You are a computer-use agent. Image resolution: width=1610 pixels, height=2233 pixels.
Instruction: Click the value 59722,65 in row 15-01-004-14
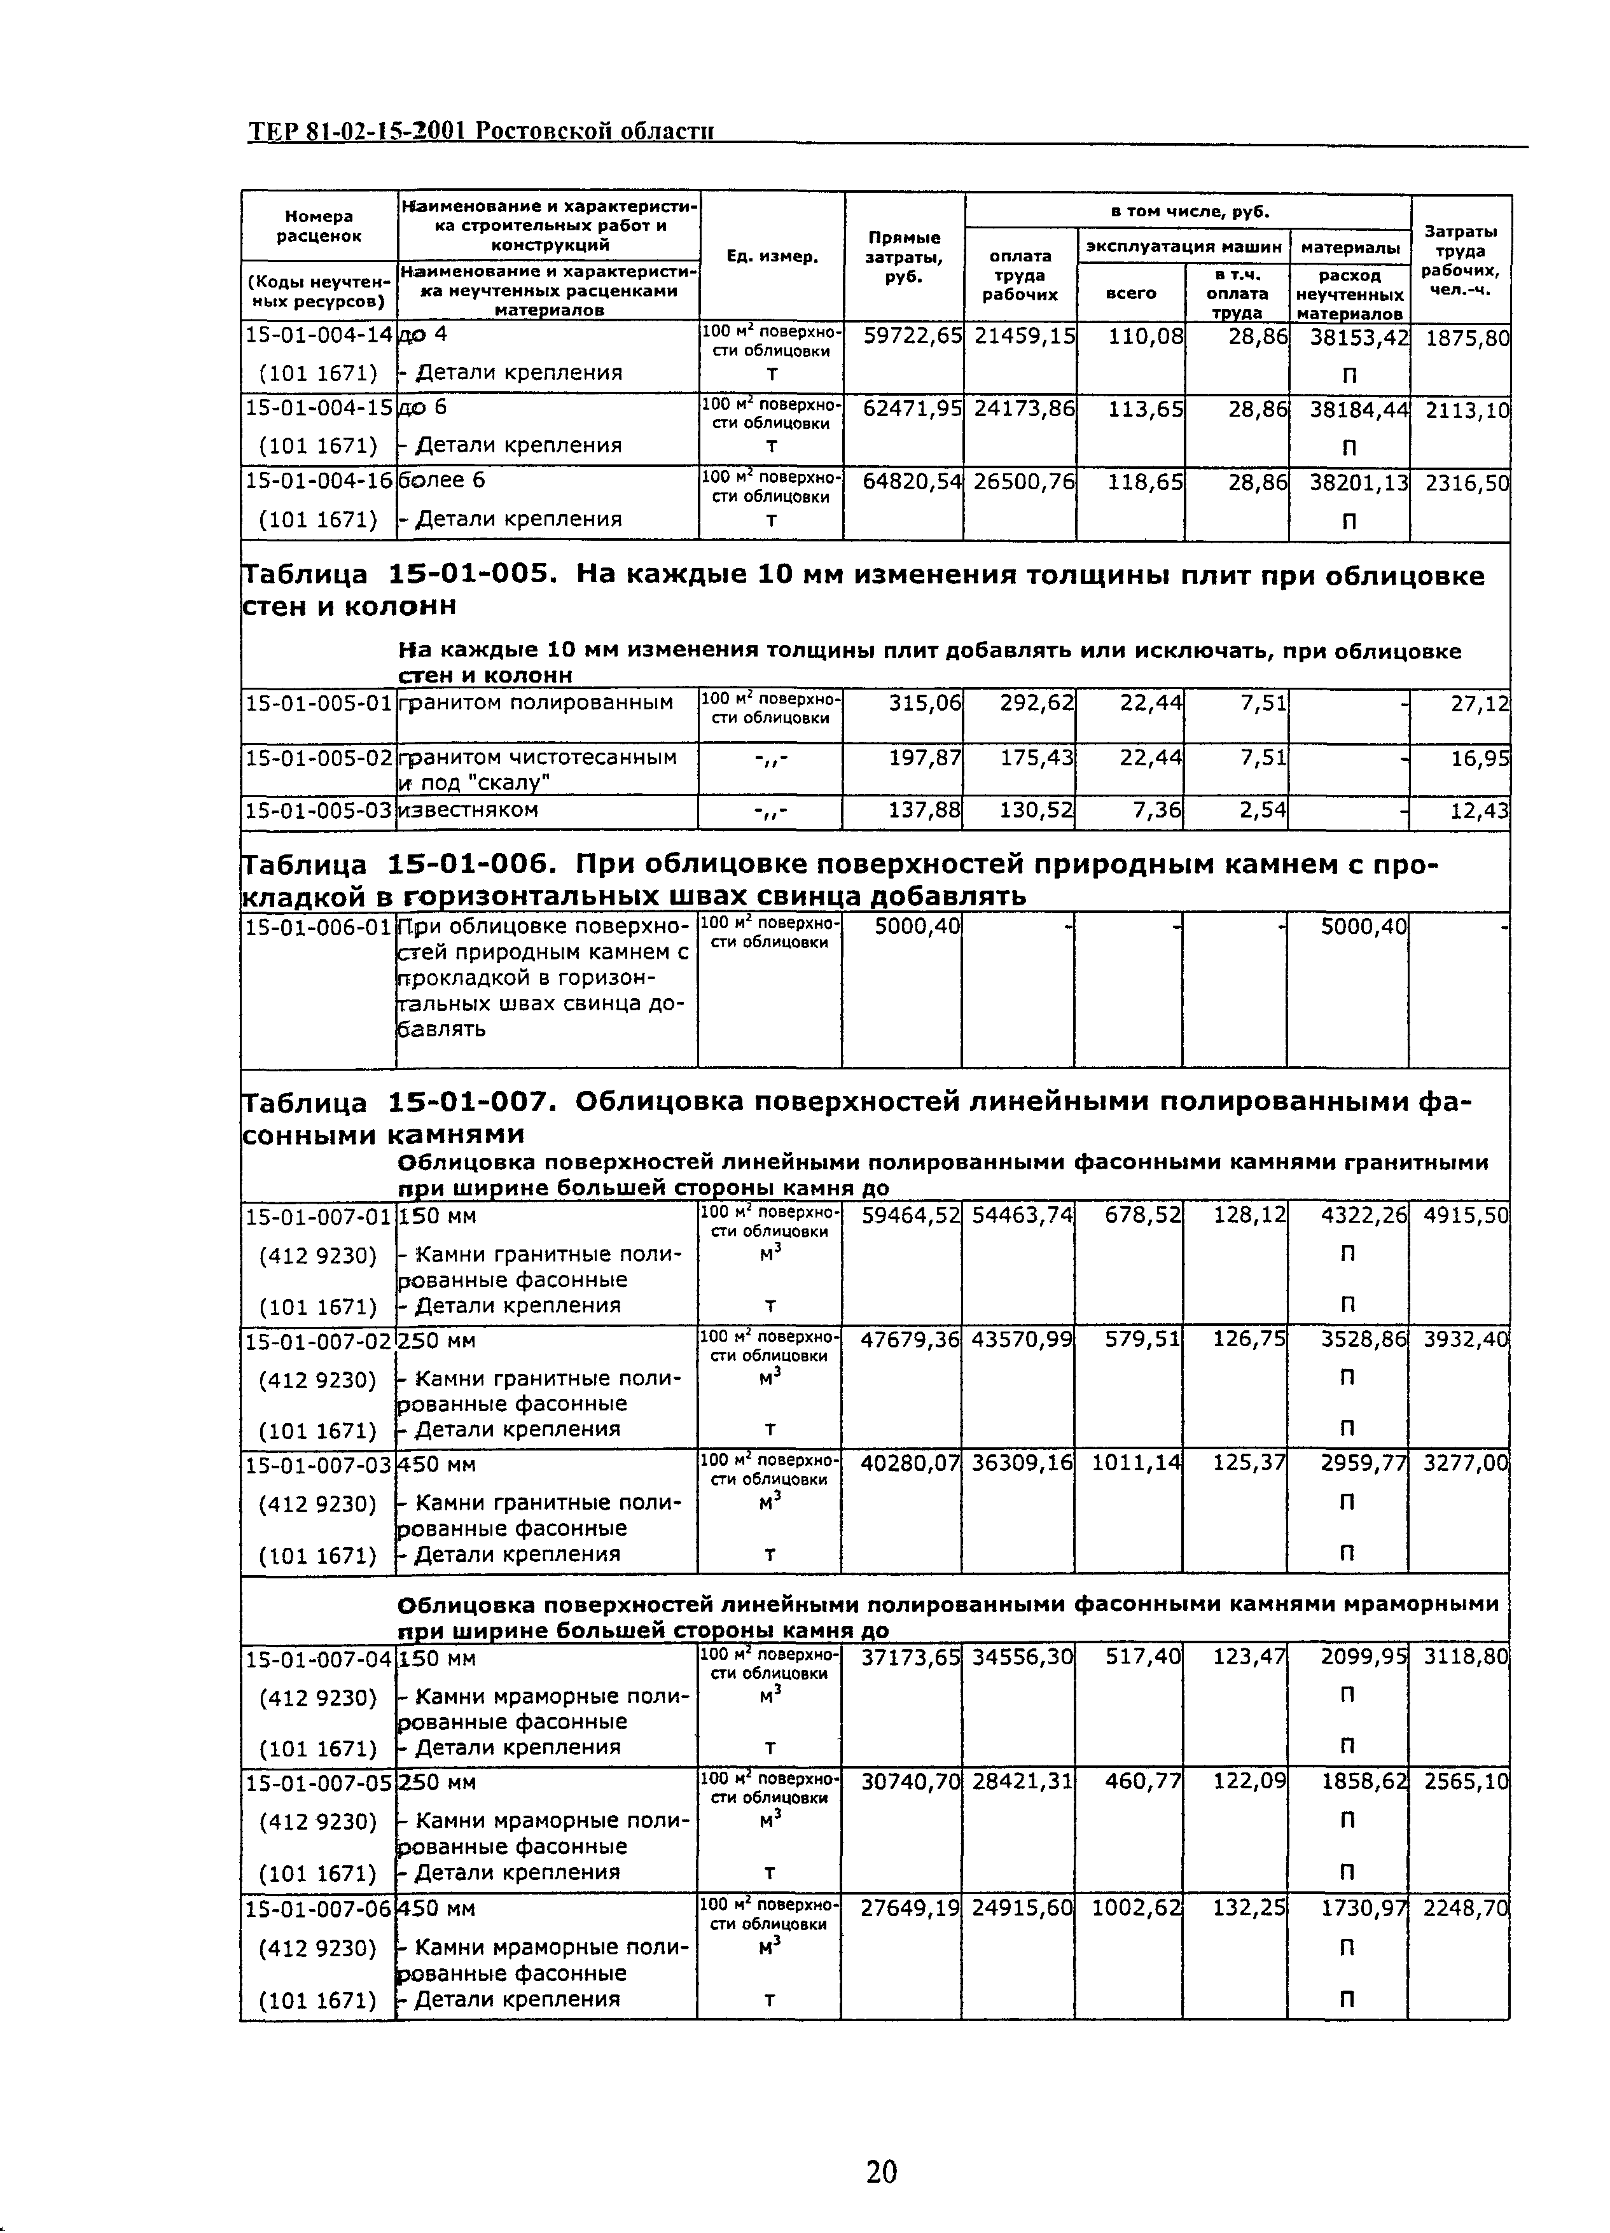912,336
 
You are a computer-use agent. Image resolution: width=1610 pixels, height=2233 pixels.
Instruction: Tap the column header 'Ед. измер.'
771,256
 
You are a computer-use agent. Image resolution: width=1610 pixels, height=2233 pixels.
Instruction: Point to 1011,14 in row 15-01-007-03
1135,1464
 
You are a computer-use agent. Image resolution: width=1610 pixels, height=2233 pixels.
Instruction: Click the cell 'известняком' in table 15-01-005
469,810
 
